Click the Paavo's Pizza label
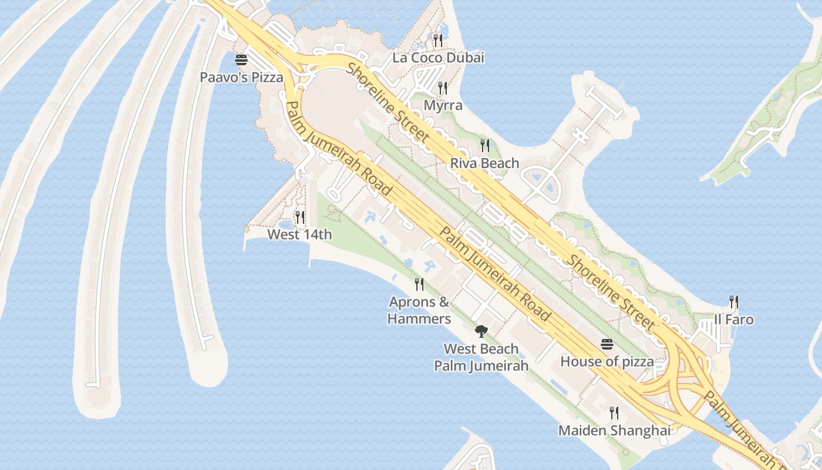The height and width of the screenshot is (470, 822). coord(241,77)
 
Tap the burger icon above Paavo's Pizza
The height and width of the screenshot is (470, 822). coord(241,60)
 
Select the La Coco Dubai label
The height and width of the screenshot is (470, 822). coord(438,58)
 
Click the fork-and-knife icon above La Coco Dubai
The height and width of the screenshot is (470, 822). coord(437,40)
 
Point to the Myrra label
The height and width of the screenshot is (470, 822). coord(443,106)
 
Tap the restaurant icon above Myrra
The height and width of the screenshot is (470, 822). coord(443,88)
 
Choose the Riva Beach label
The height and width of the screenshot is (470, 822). coord(484,163)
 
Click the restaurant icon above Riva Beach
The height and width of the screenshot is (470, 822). coord(484,145)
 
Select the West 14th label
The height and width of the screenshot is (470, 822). coord(299,234)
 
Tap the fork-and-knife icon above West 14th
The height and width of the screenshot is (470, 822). coord(299,217)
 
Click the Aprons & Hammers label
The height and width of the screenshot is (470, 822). coord(419,310)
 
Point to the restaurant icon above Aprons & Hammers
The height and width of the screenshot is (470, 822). coord(419,284)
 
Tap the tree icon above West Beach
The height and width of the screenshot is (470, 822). coord(481,331)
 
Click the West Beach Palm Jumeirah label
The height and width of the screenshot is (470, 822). coord(481,357)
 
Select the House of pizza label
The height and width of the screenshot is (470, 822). coord(607,361)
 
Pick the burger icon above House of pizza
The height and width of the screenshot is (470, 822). coord(607,344)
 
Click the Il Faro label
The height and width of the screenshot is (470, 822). coord(733,320)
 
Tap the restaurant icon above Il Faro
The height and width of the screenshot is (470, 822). coord(733,302)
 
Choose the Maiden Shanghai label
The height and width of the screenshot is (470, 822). coord(614,430)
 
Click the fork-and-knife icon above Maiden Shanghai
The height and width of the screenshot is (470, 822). coord(614,412)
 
